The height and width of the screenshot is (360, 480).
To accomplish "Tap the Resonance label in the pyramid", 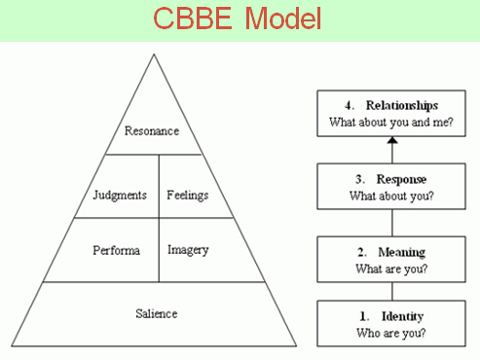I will pos(154,128).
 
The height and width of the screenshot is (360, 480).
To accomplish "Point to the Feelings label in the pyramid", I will pos(188,194).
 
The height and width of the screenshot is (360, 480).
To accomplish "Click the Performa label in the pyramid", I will pos(116,250).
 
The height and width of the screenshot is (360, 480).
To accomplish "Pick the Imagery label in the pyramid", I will pos(189,249).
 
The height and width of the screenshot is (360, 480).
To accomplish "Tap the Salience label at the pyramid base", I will pos(157,312).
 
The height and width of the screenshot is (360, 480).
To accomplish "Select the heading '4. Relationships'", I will pos(391,105).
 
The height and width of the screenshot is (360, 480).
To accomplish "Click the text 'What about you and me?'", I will pos(391,123).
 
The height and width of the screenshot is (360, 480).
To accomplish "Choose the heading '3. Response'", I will pos(391,179).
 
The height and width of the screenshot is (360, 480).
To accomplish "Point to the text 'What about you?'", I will pos(391,196).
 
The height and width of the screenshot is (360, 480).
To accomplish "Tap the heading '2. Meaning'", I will pos(391,251).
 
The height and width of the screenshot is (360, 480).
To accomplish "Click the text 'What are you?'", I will pos(391,269).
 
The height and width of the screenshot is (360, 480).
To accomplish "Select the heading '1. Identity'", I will pos(391,316).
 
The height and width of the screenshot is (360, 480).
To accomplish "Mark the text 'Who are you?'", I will pos(391,333).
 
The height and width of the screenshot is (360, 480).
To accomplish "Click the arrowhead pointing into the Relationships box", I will pos(392,142).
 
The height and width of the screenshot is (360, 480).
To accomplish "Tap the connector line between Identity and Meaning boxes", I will pos(392,291).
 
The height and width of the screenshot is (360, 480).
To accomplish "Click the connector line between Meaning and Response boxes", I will pos(392,222).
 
